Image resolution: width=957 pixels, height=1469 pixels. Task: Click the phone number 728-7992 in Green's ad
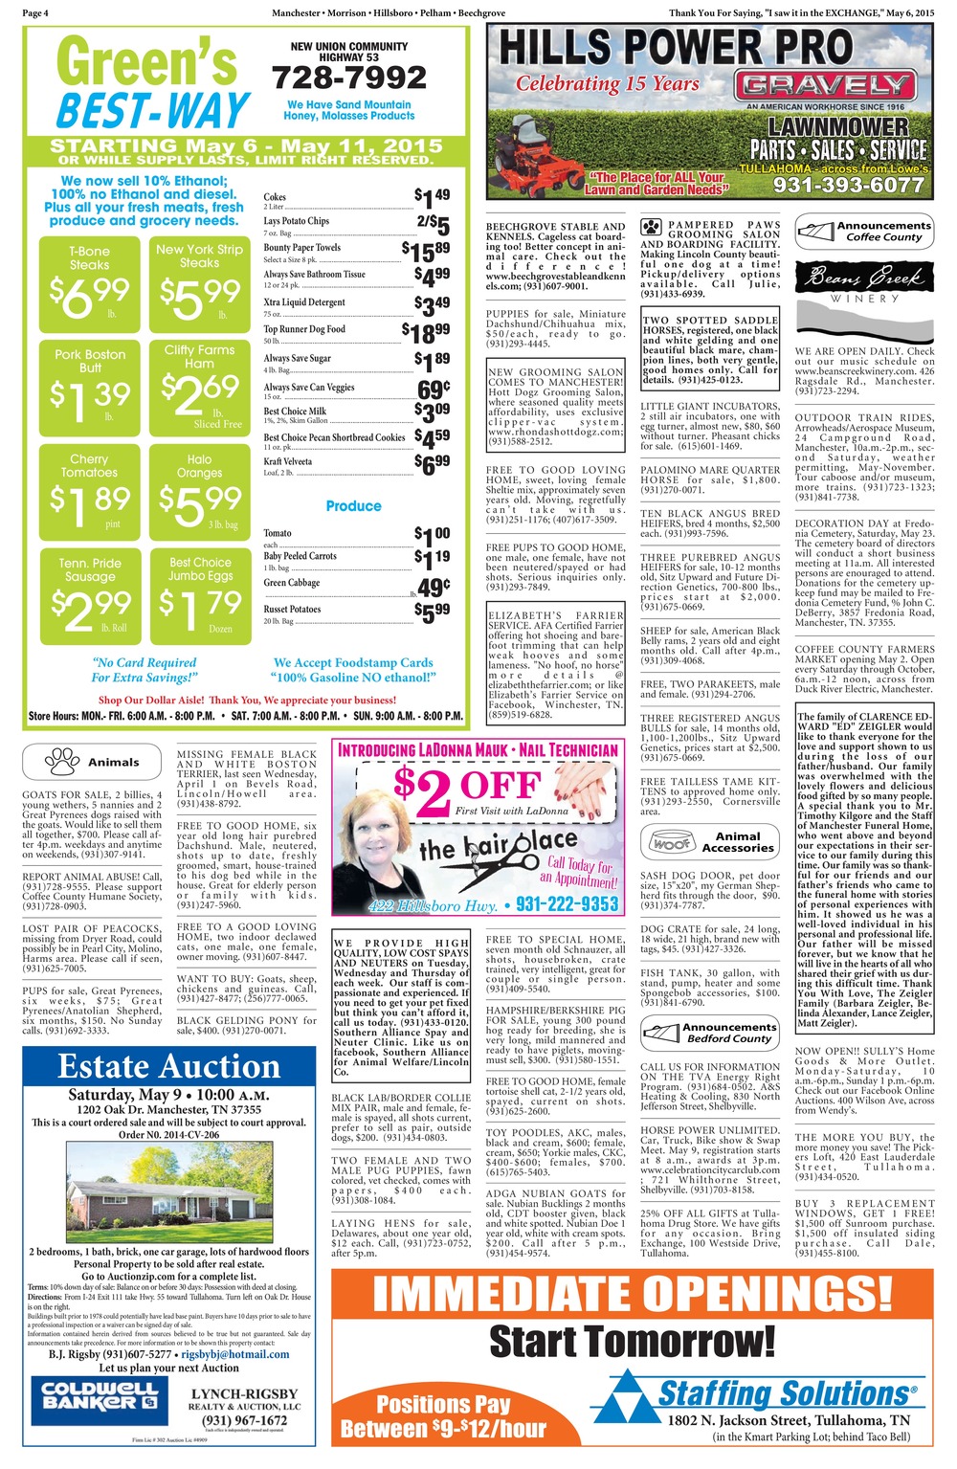(348, 78)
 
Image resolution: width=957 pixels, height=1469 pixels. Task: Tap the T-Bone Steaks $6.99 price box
(89, 281)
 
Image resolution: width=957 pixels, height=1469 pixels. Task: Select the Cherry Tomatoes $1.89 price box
(89, 490)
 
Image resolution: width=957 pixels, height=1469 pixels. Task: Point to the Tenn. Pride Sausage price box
(89, 594)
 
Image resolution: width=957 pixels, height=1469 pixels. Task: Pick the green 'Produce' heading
(353, 505)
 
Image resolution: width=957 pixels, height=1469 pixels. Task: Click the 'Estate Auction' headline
(169, 1066)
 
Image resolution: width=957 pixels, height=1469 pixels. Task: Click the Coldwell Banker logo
(100, 1396)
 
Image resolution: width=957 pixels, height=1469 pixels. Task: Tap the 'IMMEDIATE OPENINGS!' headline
(631, 1294)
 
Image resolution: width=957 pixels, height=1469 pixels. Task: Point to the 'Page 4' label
(35, 12)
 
